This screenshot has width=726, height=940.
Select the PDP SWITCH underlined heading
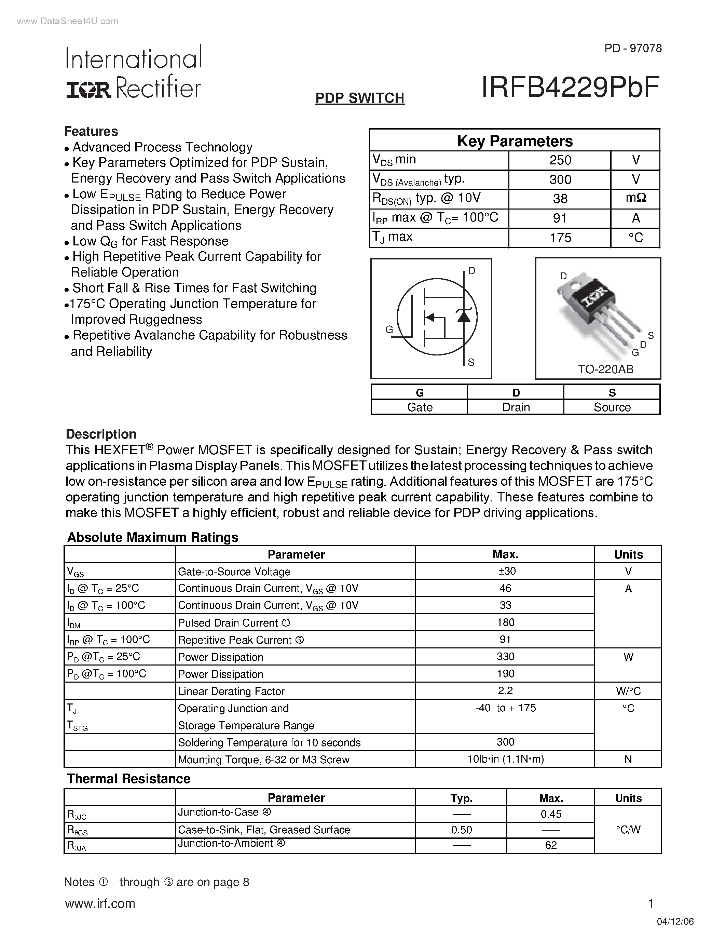pos(359,98)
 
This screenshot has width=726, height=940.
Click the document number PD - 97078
pos(633,48)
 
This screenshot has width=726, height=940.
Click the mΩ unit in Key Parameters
pos(636,198)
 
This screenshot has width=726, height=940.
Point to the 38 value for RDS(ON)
pos(560,199)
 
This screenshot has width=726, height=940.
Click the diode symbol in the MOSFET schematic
pos(464,316)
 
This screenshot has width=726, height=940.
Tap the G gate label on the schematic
pos(389,330)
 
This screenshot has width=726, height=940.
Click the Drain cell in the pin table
pos(516,407)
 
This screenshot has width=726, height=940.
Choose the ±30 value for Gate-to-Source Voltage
pos(505,571)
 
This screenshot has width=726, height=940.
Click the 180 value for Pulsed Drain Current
pos(505,622)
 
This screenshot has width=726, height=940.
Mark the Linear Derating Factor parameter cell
pos(231,691)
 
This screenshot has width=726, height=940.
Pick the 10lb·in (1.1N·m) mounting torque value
pos(505,759)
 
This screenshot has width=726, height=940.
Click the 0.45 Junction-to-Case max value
pos(551,814)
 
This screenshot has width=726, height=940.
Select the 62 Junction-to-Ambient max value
pos(551,845)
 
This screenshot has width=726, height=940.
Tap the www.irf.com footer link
pos(100,903)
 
